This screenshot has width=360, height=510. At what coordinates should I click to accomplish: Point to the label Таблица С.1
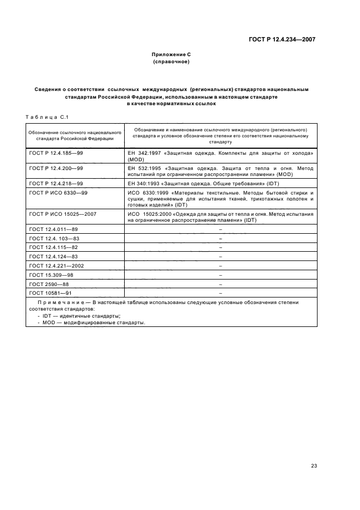45,116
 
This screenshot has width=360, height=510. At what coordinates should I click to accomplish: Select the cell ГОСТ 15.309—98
51,274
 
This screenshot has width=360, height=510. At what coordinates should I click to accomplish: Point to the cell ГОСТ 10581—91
50,292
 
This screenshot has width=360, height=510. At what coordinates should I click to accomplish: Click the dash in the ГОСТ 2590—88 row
220,283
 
